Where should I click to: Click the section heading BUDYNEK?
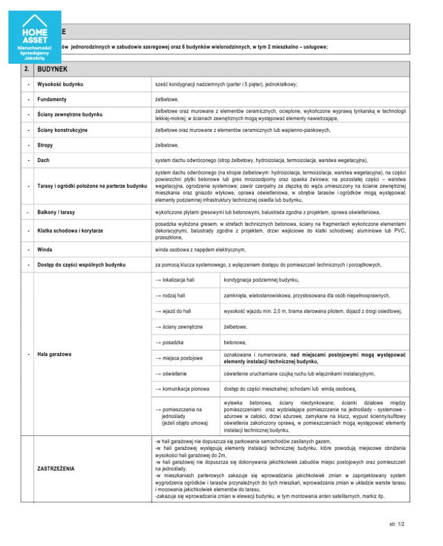52,69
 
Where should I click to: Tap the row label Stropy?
45,145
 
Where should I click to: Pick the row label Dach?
44,160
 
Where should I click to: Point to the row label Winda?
45,249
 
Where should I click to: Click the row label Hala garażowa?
58,354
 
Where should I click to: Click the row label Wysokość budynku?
61,84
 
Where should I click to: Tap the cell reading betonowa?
235,342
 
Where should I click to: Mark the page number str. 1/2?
397,524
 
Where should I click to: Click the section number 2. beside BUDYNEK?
27,69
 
